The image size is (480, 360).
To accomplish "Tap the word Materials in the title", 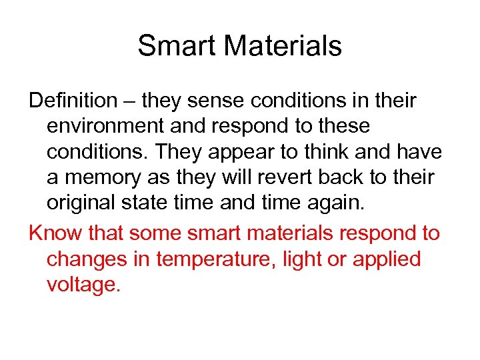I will (x=283, y=46).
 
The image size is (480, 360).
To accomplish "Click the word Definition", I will (x=73, y=101).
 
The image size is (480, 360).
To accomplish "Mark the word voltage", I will (x=83, y=285).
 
